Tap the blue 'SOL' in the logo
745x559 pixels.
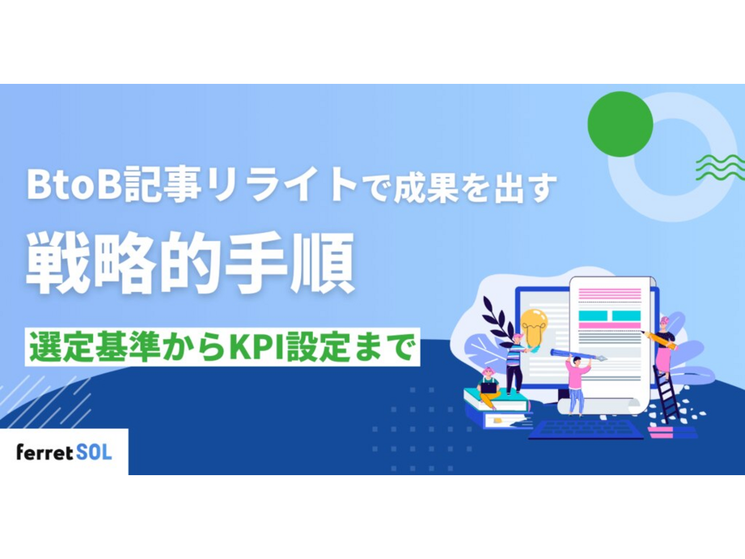(94, 452)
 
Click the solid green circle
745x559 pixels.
(620, 124)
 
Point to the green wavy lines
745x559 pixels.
(720, 167)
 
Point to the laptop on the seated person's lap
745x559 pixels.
(489, 387)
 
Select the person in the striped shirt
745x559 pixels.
(514, 363)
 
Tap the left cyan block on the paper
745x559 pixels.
(592, 316)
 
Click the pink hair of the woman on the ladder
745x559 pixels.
(664, 320)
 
